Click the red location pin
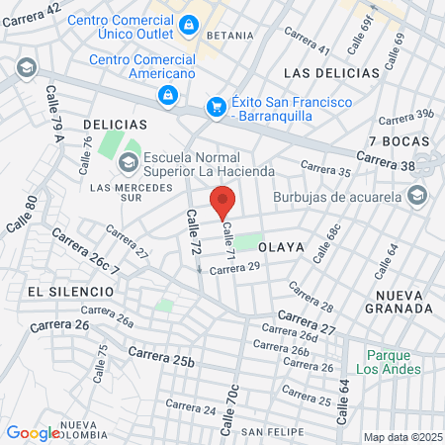[x=222, y=204]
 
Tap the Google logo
[x=33, y=433]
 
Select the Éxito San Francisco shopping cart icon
[x=215, y=107]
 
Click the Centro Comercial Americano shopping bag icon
[x=167, y=95]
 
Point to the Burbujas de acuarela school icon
[x=417, y=195]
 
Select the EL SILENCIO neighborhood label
[x=63, y=292]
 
